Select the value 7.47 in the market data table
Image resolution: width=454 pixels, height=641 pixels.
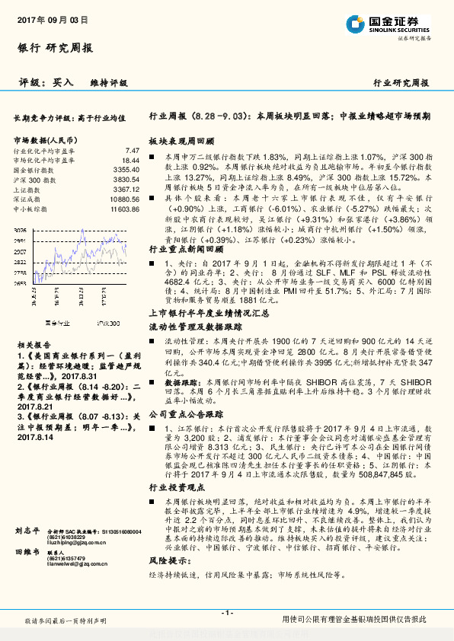pyautogui.click(x=132, y=151)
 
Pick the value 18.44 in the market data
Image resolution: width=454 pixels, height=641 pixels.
pyautogui.click(x=130, y=161)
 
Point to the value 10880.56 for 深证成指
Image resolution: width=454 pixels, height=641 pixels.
pyautogui.click(x=123, y=199)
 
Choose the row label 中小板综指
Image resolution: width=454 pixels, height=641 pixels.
pyautogui.click(x=31, y=208)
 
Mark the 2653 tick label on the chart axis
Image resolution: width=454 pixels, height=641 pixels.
pyautogui.click(x=21, y=282)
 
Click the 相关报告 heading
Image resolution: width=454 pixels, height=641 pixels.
pyautogui.click(x=31, y=323)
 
